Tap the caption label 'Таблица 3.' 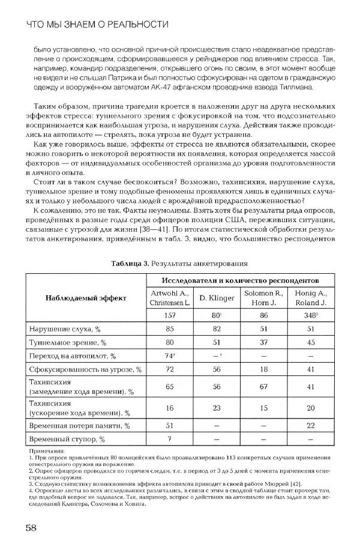click(x=131, y=263)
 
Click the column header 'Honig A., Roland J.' click(x=310, y=298)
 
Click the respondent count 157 click(x=170, y=315)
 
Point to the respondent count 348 click(x=310, y=315)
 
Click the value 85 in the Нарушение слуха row click(x=170, y=328)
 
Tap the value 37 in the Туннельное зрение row click(x=263, y=342)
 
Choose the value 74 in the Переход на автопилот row click(x=169, y=356)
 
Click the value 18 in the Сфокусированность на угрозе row click(x=263, y=370)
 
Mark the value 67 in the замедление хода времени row click(x=263, y=387)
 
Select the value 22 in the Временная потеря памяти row click(x=310, y=426)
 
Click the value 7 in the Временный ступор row click(x=170, y=439)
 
